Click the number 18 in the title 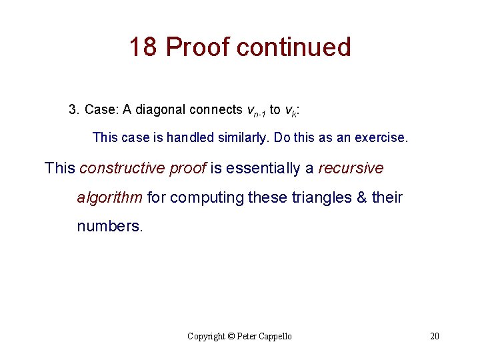tap(143, 47)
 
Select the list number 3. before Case tap(74, 109)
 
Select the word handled tap(194, 138)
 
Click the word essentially tap(263, 168)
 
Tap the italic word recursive tap(351, 168)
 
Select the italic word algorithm tap(110, 197)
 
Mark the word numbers tap(110, 226)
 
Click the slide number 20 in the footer tap(434, 336)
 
